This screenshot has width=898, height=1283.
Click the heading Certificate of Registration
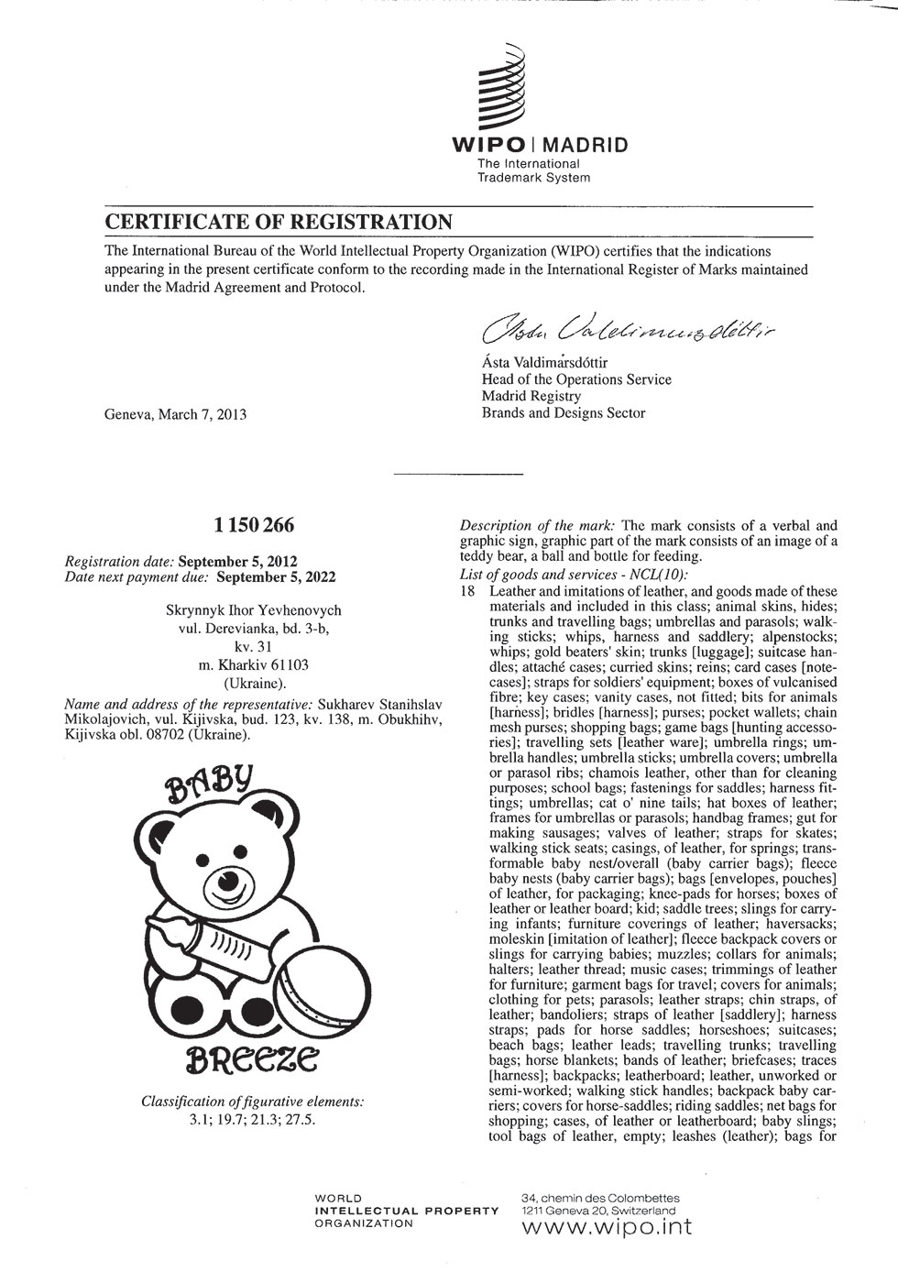coord(278,222)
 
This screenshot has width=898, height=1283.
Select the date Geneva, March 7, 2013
coord(176,414)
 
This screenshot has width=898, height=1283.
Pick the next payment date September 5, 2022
coord(278,577)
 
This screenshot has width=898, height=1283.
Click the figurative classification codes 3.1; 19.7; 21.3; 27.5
coord(253,1119)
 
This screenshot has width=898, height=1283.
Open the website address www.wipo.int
coord(606,1226)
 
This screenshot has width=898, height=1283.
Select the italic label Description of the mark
coord(536,526)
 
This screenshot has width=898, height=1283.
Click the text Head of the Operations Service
coord(576,379)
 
